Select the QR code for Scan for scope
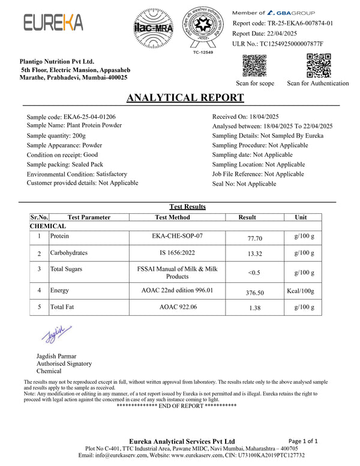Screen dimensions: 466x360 tap(255, 66)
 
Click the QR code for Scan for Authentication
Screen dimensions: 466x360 tap(317, 66)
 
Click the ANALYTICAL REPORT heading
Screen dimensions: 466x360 tap(185, 98)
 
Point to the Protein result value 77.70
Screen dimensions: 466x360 tap(255, 238)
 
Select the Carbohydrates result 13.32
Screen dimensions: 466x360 tap(255, 255)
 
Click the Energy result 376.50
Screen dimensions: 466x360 tap(256, 293)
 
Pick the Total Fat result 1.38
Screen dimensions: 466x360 tap(255, 309)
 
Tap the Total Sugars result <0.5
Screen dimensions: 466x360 tap(255, 273)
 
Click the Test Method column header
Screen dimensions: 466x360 tap(172, 217)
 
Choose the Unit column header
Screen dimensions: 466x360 tap(301, 217)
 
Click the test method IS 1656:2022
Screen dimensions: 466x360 tap(172, 253)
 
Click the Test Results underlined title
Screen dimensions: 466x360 tap(188, 207)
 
